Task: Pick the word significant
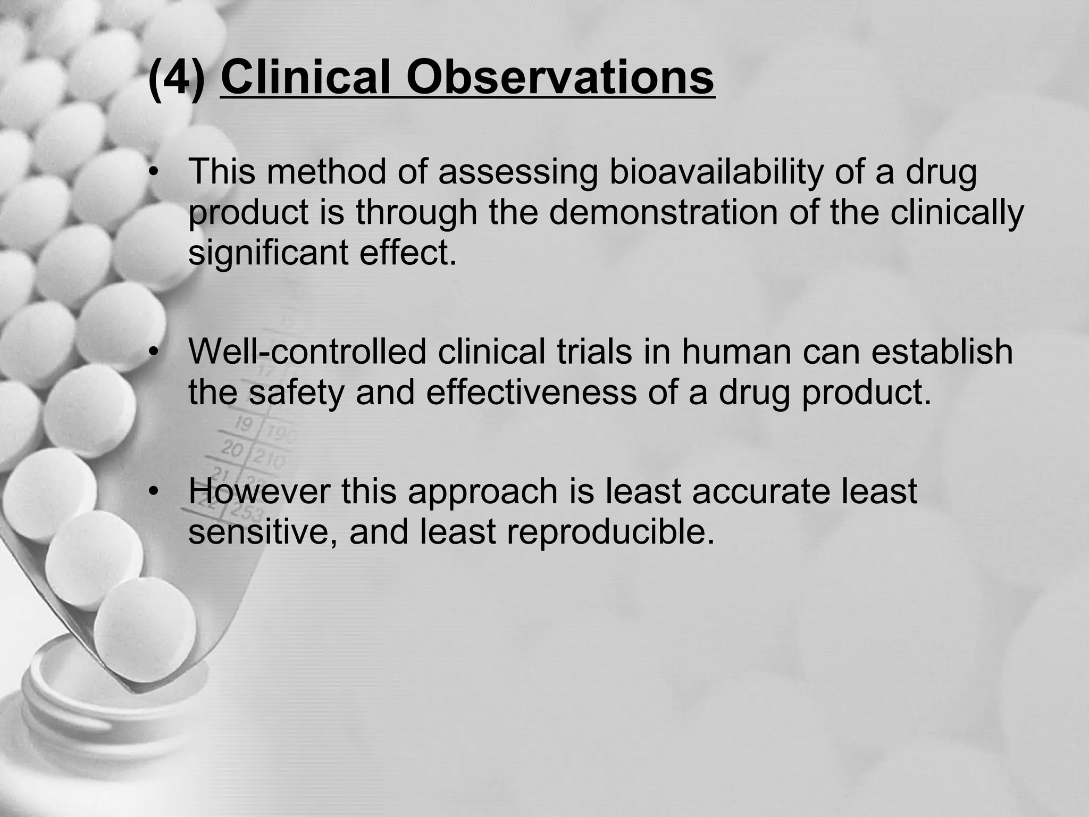tap(268, 253)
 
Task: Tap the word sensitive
tap(263, 531)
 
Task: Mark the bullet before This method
tap(154, 172)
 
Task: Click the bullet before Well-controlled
tap(154, 352)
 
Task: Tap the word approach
tap(483, 491)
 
